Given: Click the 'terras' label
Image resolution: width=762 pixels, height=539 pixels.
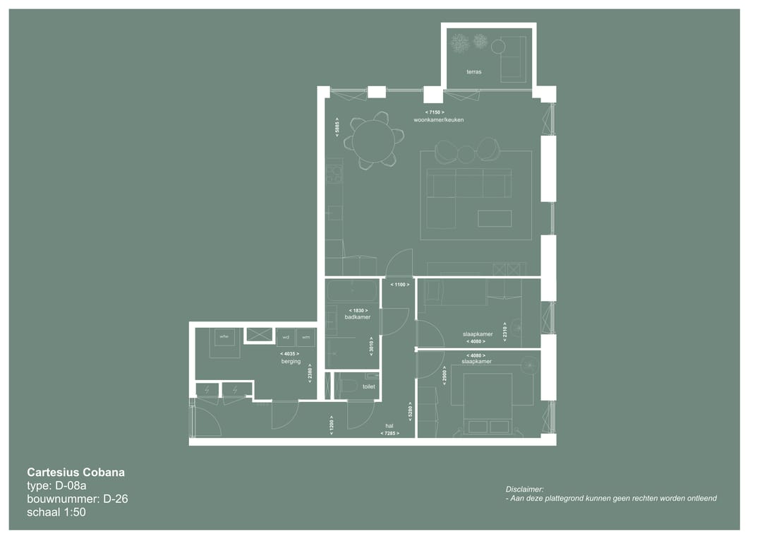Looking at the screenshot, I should pos(473,72).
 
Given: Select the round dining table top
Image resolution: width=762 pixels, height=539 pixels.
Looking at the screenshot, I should pos(373,141).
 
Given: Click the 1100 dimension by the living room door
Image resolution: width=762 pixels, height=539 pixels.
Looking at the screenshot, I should pos(399,285).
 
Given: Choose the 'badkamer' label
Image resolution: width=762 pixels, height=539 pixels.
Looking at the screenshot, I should pos(357,317).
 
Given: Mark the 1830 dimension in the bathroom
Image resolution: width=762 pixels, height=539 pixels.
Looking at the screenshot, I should pos(357,310).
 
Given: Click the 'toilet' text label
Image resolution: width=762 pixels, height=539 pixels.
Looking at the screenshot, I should pos(368,386).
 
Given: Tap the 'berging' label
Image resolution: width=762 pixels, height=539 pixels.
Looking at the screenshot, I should pos(291,362).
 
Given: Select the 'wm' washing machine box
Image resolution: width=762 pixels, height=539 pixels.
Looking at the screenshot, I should pos(306,337).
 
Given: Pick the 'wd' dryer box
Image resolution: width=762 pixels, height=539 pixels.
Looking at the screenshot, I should pos(286,337).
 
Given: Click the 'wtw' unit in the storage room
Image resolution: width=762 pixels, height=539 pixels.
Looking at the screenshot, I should pos(224,337).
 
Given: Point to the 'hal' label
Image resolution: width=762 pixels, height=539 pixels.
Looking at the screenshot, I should pos(389,426).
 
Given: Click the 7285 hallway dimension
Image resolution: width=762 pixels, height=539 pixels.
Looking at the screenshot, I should pos(389,433).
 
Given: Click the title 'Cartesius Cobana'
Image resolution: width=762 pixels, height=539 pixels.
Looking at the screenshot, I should pos(75,472).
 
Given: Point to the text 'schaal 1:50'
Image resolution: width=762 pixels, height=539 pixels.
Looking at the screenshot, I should pos(56,512).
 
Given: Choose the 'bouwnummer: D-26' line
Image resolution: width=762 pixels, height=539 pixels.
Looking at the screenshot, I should pos(78,499).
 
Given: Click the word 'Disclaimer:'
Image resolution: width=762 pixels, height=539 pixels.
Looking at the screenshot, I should pos(524,489).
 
